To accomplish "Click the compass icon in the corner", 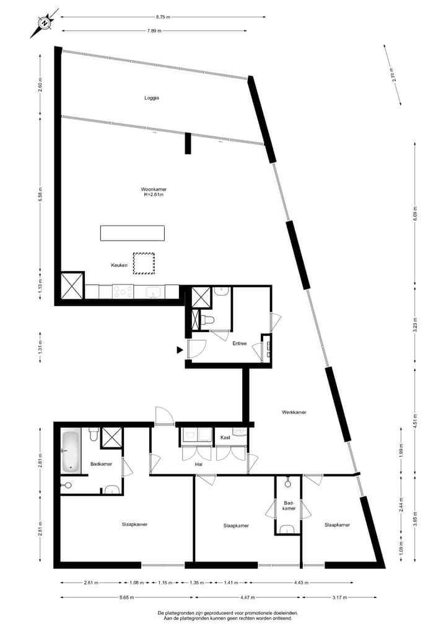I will pos(44,23).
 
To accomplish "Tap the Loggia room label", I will pos(152,98).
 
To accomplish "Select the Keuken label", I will pos(119,265).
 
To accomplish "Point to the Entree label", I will pos(239,343).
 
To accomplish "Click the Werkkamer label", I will pos(294,412).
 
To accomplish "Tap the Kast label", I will pos(225,437).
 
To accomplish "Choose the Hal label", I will pos(199,464).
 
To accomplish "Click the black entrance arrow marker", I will pos(180,350).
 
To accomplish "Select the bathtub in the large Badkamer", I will pos(70,450).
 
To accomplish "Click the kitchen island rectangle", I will pos(133,233).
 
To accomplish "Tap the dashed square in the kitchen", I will pos(143,263).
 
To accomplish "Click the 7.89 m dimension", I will pos(154,30).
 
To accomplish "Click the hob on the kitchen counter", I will pos(123,291).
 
